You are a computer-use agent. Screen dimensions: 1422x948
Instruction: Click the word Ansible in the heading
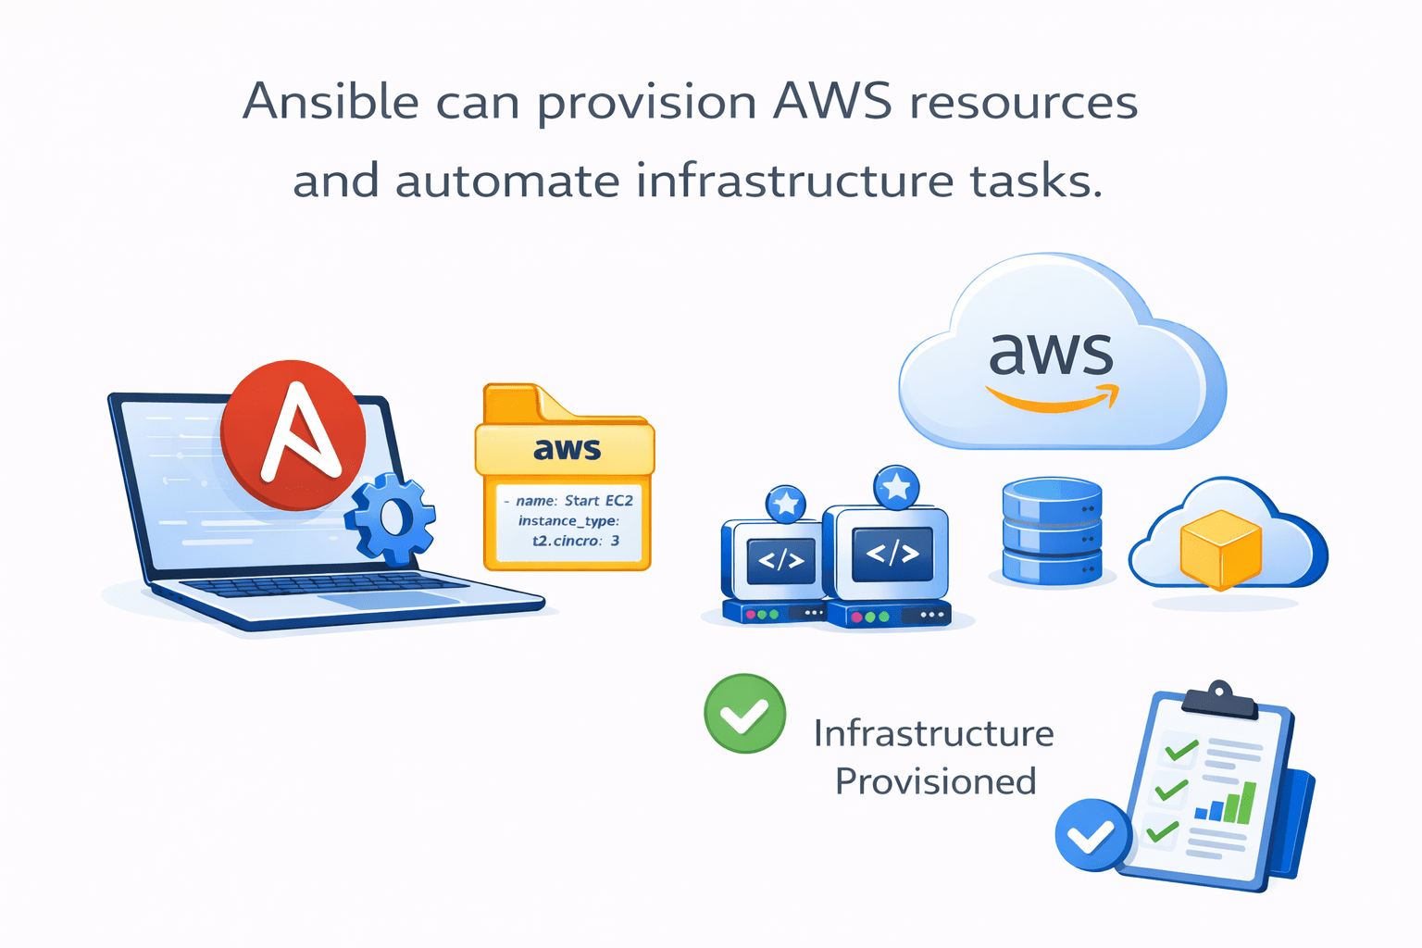331,101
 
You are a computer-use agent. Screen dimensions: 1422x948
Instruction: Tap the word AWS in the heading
832,101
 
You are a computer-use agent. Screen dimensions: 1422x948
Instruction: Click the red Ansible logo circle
293,434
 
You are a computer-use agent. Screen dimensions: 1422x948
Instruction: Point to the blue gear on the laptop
391,518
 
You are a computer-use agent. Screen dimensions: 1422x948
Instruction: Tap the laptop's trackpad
389,600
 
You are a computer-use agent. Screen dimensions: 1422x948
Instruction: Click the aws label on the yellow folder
567,449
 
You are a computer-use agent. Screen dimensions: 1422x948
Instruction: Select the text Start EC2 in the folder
599,501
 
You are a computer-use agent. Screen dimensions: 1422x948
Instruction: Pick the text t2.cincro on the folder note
566,541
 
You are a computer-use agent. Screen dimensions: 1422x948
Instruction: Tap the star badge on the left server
786,504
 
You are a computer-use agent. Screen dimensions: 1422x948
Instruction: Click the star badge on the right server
896,487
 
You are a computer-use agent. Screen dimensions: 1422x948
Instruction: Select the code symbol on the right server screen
892,554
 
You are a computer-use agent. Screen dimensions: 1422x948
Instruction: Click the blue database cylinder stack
1052,531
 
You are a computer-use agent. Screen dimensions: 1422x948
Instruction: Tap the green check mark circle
745,714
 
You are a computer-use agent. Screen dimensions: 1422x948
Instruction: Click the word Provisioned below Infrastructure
935,781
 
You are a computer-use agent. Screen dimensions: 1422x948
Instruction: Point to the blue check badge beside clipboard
1093,835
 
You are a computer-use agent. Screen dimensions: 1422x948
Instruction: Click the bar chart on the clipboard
1227,804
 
